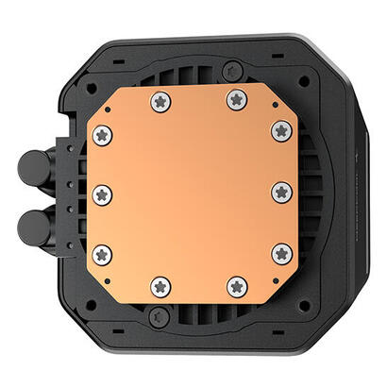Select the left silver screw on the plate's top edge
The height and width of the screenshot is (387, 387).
point(160,100)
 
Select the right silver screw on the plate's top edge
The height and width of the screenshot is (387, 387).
point(235,99)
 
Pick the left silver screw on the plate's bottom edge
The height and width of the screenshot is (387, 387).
point(160,285)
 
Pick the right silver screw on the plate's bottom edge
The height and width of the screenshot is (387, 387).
point(237,285)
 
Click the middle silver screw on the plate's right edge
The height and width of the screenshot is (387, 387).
point(280,193)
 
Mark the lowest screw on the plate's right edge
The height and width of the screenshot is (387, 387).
point(280,253)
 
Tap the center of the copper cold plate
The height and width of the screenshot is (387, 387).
point(193,193)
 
